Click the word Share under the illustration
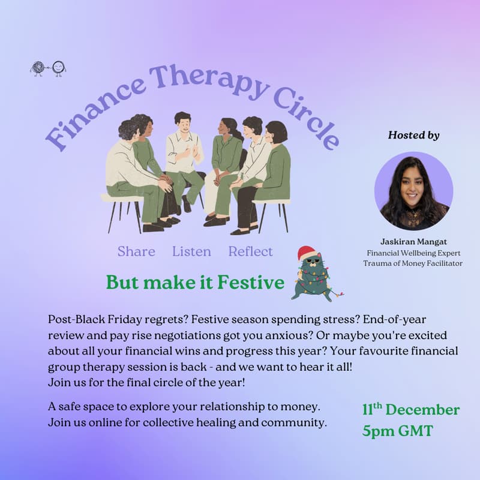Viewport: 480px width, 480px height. point(136,251)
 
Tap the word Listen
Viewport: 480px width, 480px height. point(191,251)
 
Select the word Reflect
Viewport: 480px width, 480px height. point(250,251)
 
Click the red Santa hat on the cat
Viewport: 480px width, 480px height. point(307,253)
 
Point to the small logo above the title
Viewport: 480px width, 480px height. point(48,68)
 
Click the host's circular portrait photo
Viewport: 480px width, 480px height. point(413,190)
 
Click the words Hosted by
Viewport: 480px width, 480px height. point(413,135)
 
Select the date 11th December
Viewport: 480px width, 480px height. point(410,410)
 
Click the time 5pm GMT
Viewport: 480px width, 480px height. point(397,431)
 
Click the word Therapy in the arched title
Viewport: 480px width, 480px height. point(203,79)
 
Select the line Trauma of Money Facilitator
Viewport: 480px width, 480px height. point(413,263)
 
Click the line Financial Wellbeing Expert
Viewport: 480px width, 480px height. point(413,253)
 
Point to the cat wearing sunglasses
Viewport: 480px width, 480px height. point(313,278)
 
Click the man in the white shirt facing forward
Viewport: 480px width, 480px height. point(182,156)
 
